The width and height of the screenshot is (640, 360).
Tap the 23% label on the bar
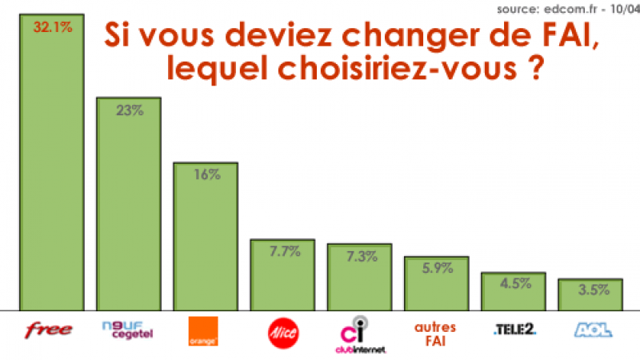pyautogui.click(x=129, y=110)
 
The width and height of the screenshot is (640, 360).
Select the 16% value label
pyautogui.click(x=206, y=175)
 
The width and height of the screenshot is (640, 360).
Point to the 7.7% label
pyautogui.click(x=283, y=252)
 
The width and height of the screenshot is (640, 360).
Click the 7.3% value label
pyautogui.click(x=360, y=256)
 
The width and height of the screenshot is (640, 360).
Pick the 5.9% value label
pyautogui.click(x=437, y=270)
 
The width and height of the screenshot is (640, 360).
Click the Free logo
pyautogui.click(x=50, y=330)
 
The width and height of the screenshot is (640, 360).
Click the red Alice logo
pyautogui.click(x=281, y=331)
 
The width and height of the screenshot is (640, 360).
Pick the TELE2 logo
pyautogui.click(x=514, y=329)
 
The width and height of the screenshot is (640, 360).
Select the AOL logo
pyautogui.click(x=592, y=329)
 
